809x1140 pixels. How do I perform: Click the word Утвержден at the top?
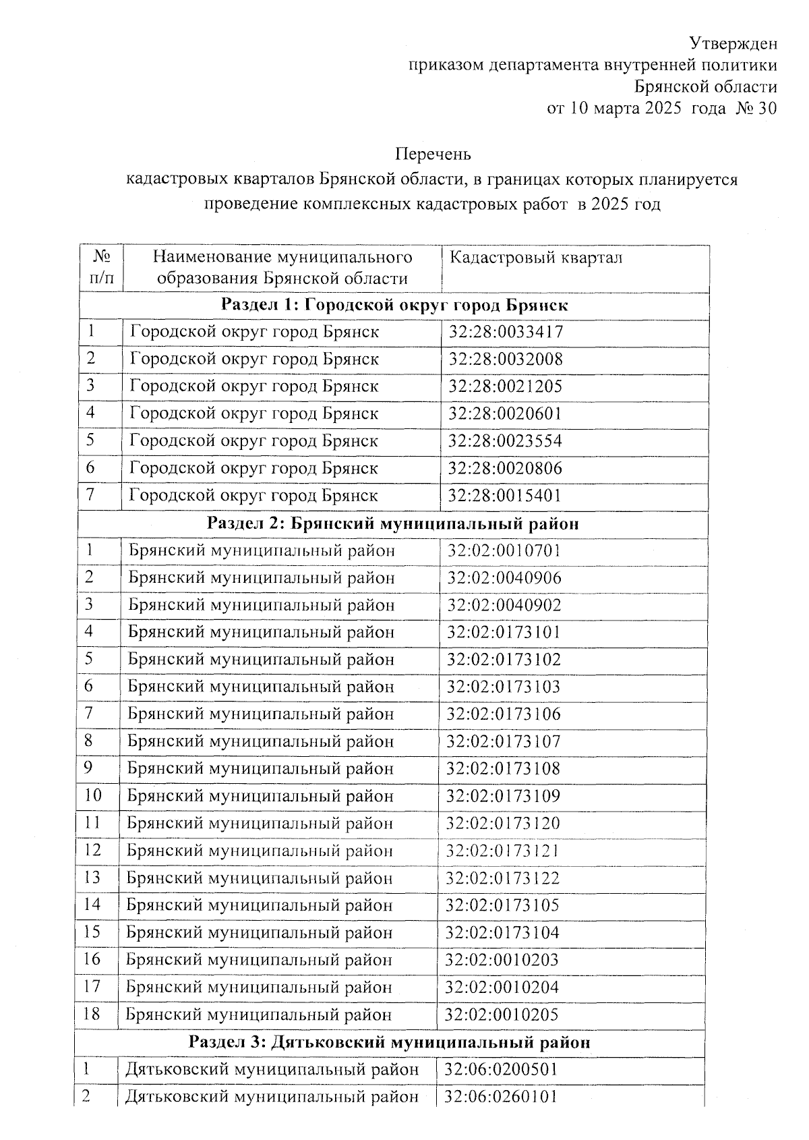(733, 44)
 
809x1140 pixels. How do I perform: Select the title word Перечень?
(433, 154)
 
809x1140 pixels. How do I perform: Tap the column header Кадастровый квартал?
(536, 258)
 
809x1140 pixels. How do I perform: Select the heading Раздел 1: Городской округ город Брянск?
(395, 306)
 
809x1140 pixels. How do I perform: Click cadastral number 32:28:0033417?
(506, 332)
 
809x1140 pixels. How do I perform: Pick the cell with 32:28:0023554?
(506, 441)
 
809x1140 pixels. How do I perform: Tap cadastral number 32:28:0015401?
(506, 496)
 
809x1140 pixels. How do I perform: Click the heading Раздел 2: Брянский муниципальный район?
(393, 523)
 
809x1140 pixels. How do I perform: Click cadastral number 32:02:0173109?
(504, 796)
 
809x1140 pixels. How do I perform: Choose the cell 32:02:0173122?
(503, 878)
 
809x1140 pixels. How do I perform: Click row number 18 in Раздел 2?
(92, 1014)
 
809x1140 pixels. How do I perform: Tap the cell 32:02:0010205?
(502, 1015)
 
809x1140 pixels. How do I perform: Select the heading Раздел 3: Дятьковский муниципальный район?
(390, 1042)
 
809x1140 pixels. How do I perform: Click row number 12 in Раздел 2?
(92, 850)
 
